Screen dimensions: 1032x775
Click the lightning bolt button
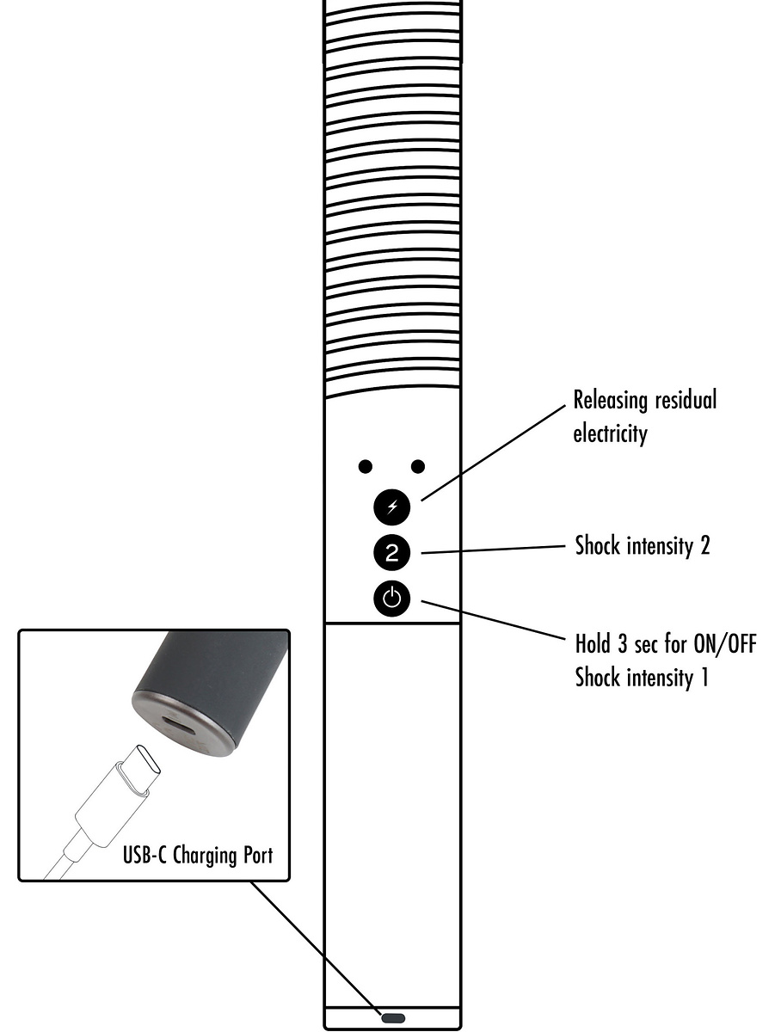[392, 507]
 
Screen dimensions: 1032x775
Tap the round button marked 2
[392, 553]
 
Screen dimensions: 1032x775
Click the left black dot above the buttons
[366, 466]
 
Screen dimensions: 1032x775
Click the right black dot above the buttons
[419, 466]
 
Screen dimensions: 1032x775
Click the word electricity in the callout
[610, 433]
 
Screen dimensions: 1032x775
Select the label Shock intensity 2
[643, 546]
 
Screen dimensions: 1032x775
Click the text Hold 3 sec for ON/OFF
[666, 644]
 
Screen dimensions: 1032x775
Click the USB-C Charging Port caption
[198, 855]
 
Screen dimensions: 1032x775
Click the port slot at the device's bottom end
[392, 1017]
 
